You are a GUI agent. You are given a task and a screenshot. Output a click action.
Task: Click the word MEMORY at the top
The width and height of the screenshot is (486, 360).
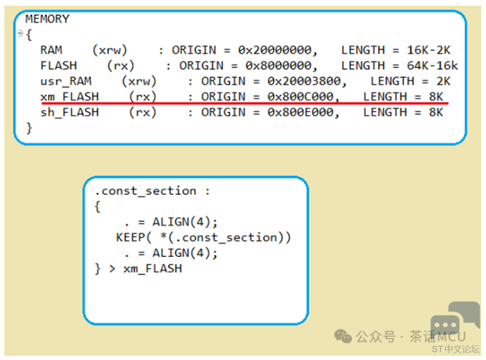click(47, 19)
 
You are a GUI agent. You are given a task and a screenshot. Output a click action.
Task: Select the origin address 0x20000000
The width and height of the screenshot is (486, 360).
click(277, 50)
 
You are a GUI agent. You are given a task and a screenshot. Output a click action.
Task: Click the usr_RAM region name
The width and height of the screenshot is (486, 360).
click(66, 81)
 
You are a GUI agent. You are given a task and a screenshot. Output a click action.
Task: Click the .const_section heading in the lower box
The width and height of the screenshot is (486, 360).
click(145, 191)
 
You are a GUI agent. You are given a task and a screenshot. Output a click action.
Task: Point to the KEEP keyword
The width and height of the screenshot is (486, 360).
click(130, 238)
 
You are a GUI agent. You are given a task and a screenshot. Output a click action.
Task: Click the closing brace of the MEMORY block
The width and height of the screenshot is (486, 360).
click(29, 128)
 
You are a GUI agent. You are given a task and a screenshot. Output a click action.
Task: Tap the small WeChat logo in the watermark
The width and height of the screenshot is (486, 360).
click(344, 337)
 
